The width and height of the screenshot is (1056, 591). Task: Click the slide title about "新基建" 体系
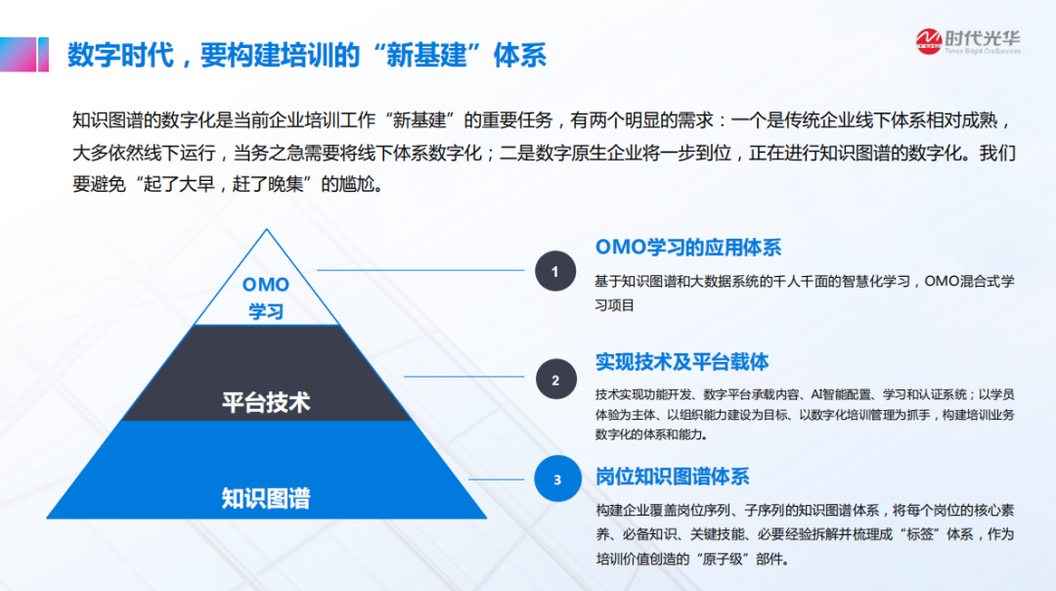coord(306,55)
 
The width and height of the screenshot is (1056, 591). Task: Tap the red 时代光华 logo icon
coord(929,42)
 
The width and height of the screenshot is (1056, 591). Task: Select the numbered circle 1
coord(555,271)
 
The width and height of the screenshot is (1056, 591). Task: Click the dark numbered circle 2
coord(555,380)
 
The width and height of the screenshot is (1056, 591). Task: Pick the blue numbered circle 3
coord(557,479)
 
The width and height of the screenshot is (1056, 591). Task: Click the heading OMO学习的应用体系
coord(688,248)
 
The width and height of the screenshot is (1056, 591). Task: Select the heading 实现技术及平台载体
coord(682,363)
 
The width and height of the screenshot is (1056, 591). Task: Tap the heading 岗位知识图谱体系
coord(672,477)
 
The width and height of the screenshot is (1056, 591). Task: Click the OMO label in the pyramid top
coord(265,285)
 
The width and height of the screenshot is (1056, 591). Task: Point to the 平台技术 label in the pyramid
coord(266,402)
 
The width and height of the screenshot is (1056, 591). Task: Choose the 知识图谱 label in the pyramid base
coord(266,499)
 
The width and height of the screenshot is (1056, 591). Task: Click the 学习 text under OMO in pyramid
coord(266,311)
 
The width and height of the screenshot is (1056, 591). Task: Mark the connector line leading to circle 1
coord(420,270)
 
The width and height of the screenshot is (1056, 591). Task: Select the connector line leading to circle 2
coord(464,376)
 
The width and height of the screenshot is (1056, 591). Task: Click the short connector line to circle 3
coord(497,479)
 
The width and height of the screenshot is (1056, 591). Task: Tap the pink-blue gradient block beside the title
coord(24,54)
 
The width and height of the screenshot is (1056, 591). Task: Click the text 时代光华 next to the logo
coord(983,38)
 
